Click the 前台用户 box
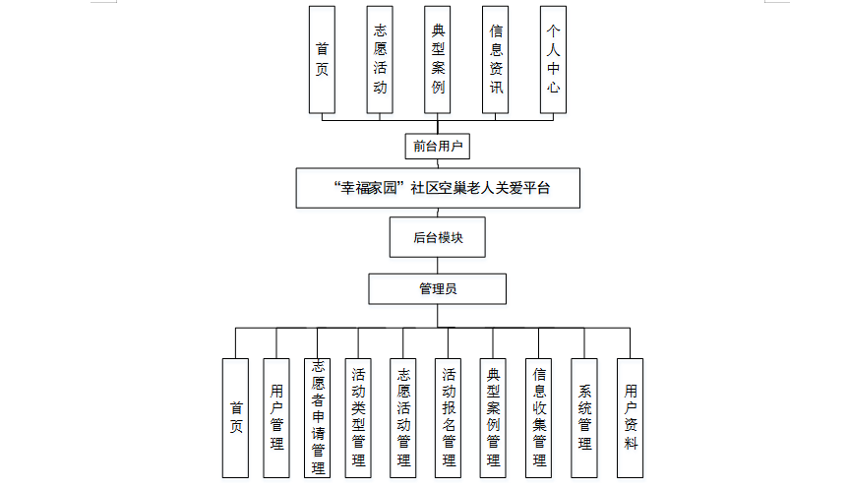point(437,147)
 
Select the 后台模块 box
point(438,237)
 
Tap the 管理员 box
point(438,289)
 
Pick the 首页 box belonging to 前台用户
point(322,59)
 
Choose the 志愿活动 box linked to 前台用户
point(380,59)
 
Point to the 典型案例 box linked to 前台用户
point(438,59)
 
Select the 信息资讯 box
point(496,59)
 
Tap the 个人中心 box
point(553,59)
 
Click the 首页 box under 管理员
point(236,417)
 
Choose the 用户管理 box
point(276,417)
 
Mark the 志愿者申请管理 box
point(317,417)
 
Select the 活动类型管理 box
point(358,417)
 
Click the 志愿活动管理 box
point(403,417)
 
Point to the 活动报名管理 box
point(449,417)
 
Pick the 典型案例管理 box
point(494,417)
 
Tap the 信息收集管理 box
point(539,417)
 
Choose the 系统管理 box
point(584,417)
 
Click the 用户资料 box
point(630,417)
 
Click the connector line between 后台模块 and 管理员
point(438,266)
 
